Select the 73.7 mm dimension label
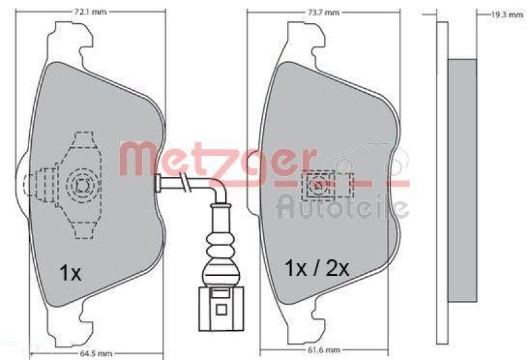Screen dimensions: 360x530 pos(323,11)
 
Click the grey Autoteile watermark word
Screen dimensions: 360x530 pos(342,206)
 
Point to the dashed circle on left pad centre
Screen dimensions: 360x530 pos(81,185)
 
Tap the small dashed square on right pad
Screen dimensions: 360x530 pos(317,186)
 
